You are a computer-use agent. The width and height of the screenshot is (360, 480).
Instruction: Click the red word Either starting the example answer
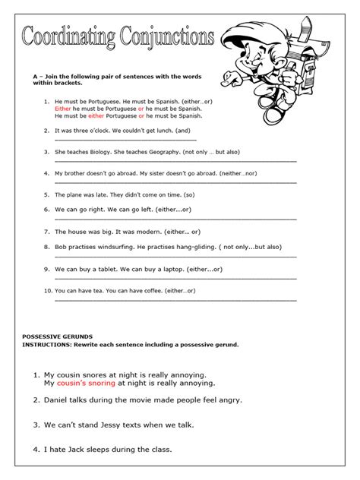point(63,109)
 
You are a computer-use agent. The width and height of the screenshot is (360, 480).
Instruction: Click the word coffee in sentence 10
point(151,290)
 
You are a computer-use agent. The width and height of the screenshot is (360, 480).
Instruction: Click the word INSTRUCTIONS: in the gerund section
point(47,344)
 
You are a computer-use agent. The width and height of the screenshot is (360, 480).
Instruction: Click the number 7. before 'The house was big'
point(47,231)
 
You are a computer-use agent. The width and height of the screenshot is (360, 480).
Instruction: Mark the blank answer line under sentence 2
point(125,140)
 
